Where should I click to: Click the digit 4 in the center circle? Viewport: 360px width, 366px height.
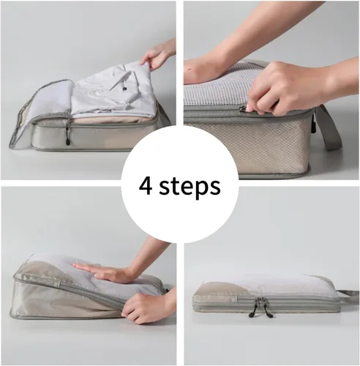[146, 186]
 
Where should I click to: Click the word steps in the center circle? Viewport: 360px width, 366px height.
[190, 187]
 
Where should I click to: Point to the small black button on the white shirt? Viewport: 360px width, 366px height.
[124, 89]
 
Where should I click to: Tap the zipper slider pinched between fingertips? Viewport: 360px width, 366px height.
[244, 109]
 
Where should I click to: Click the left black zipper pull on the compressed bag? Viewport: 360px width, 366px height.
[252, 313]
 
